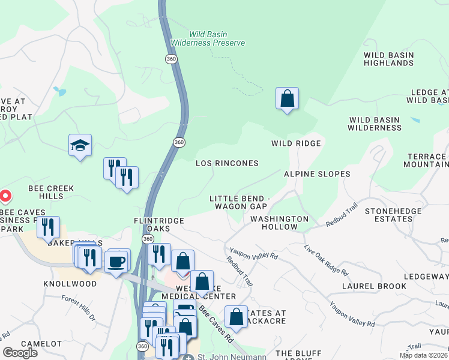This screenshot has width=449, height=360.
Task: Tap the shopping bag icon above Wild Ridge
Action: tap(288, 99)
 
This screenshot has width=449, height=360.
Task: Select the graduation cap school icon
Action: tap(80, 146)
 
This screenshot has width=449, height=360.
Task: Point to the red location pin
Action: tap(5, 196)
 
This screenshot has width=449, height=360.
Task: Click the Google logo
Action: tap(20, 352)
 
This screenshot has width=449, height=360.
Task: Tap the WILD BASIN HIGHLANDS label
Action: tap(388, 59)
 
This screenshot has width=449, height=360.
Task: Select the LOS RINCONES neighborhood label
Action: tap(228, 163)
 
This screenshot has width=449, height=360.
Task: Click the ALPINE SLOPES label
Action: tap(317, 174)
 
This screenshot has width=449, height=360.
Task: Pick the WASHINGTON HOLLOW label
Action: tap(279, 223)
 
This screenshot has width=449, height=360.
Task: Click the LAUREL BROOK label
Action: tap(374, 286)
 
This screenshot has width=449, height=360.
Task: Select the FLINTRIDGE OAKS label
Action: tap(159, 225)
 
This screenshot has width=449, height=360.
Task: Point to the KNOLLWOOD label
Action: tap(70, 283)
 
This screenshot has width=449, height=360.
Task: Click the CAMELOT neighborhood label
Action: tap(41, 344)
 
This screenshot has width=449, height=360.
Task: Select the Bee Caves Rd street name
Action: tap(217, 325)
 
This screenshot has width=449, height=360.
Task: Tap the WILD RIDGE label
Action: tap(296, 143)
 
